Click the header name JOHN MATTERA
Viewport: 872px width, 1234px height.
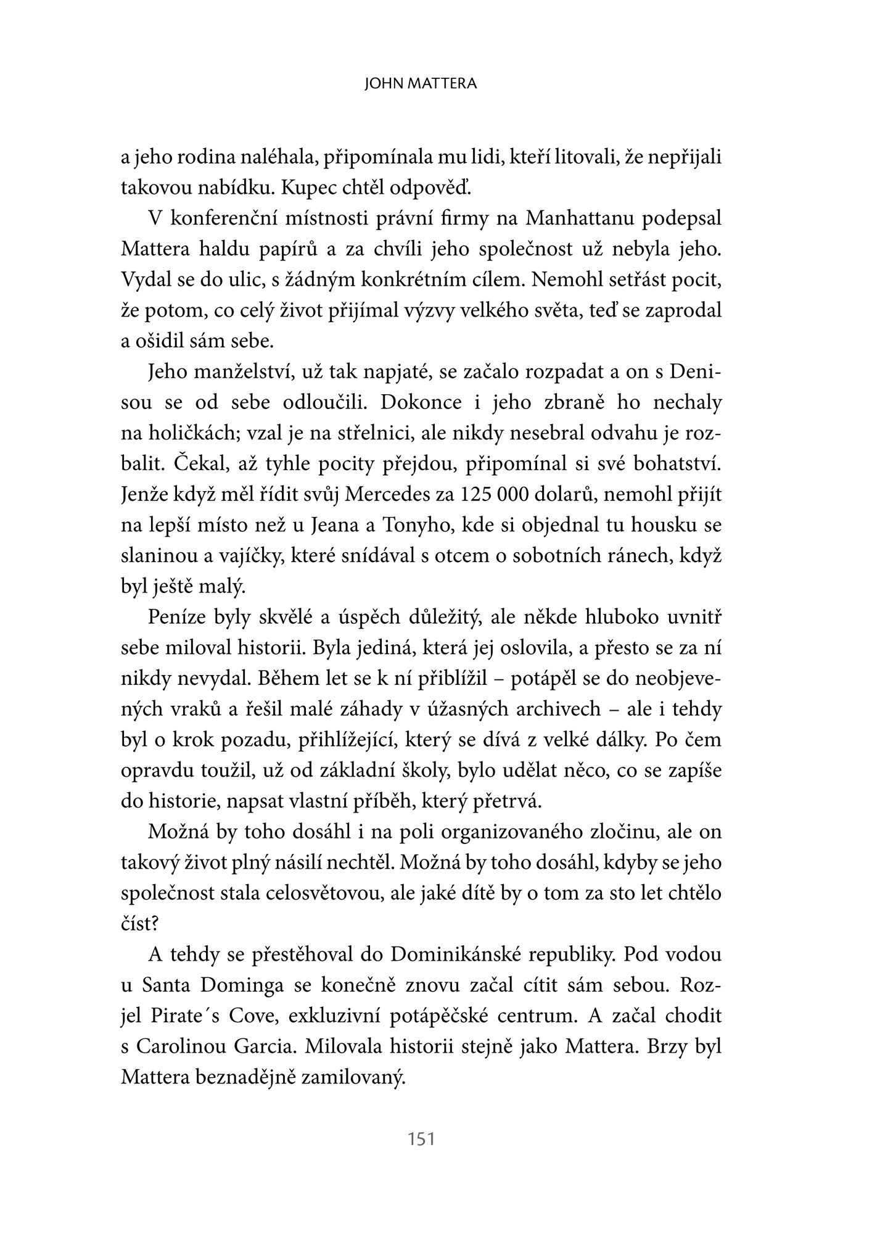(x=421, y=84)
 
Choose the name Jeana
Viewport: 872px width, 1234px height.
(x=347, y=526)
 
